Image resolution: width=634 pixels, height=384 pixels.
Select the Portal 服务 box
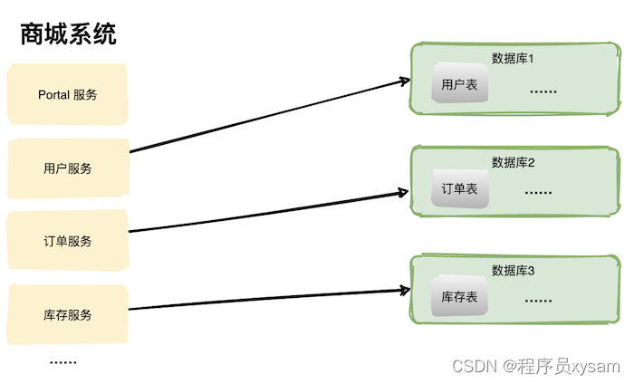coord(68,95)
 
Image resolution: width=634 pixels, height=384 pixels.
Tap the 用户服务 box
coord(68,168)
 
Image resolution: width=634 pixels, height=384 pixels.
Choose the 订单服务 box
coord(68,241)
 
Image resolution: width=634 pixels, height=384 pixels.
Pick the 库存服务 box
coord(68,315)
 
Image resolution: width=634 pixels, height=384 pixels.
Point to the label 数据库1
coord(514,58)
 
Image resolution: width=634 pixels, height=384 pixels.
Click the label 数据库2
coord(514,162)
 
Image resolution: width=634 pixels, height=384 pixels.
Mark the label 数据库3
coord(514,271)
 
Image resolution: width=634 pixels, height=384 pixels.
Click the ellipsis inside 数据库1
coord(543,91)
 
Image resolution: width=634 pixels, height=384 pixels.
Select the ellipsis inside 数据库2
coord(538,192)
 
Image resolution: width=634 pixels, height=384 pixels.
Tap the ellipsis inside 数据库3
coord(538,300)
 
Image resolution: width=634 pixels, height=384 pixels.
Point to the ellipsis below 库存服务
coord(62,361)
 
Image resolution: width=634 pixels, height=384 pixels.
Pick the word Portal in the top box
coord(54,95)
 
